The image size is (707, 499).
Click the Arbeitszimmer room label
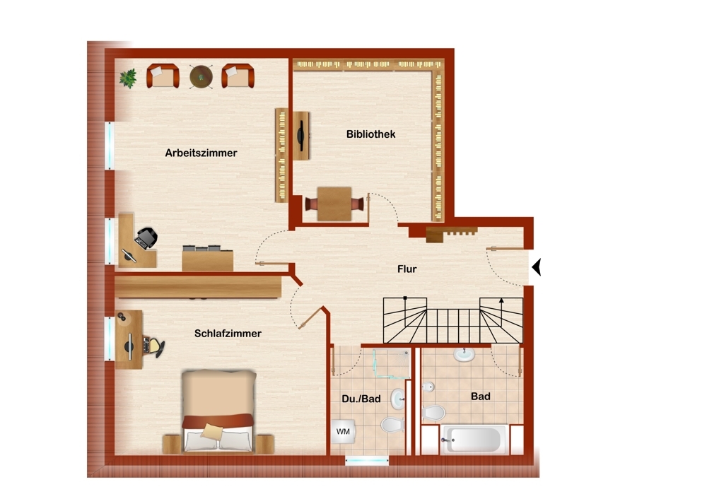point(201,153)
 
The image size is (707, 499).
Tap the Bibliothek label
point(370,134)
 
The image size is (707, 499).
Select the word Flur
point(407,269)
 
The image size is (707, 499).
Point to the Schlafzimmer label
point(228,334)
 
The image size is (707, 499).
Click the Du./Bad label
point(361,399)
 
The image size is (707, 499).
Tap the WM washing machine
point(343,432)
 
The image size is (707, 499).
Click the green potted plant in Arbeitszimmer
point(128,78)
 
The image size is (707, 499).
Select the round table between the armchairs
point(201,76)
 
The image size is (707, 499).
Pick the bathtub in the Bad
point(473,440)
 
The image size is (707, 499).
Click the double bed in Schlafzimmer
point(218,411)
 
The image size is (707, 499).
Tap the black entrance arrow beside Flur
point(536,267)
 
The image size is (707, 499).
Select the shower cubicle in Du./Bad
point(391,363)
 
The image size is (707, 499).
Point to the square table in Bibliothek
point(334,204)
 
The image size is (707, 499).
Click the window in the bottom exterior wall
point(366,461)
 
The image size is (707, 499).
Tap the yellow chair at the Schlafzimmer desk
point(154,346)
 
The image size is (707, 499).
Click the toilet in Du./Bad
point(392,424)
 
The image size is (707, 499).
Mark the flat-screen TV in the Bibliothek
point(300,136)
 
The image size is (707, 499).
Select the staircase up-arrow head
point(501,300)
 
